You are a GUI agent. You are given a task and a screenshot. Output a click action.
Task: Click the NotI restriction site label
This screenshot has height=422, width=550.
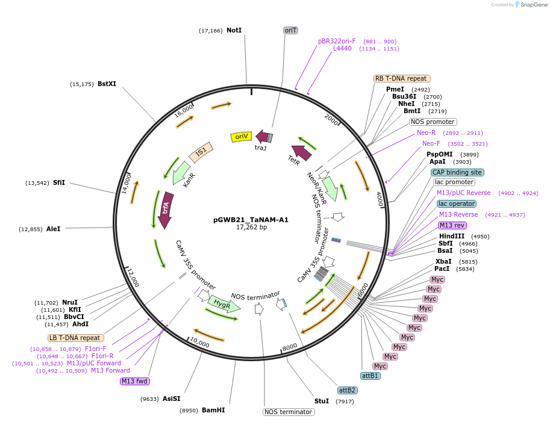(x=234, y=30)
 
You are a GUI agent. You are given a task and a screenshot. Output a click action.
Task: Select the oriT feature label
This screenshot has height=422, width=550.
(x=291, y=30)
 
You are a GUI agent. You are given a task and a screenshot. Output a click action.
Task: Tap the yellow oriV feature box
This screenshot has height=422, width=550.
(x=241, y=137)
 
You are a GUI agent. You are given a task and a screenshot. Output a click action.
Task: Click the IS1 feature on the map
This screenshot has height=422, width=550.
(x=201, y=150)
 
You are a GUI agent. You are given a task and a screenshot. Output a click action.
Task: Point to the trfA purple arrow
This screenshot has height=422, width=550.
(x=166, y=209)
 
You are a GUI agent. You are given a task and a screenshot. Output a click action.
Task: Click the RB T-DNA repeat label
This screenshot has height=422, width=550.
(x=401, y=78)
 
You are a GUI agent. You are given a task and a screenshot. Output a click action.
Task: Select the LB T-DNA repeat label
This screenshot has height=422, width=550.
(x=75, y=338)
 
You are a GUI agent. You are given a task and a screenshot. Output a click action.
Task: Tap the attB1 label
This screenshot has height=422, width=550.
(x=370, y=376)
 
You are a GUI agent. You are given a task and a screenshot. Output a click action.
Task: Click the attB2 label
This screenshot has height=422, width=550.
(x=347, y=390)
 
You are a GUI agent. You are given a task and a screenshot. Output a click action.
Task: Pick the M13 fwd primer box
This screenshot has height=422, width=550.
(x=135, y=381)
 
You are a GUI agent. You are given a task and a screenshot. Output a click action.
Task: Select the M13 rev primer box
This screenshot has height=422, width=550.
(x=452, y=225)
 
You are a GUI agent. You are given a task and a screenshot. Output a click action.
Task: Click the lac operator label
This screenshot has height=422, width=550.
(x=457, y=203)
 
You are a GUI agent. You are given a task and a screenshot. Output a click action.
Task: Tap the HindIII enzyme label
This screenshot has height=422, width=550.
(x=451, y=236)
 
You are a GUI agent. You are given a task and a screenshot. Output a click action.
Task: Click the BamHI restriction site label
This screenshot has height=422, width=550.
(x=213, y=410)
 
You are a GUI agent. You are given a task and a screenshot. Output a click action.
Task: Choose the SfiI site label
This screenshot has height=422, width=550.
(x=59, y=182)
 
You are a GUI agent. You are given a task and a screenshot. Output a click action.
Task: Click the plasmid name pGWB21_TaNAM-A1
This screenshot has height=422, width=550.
(x=251, y=220)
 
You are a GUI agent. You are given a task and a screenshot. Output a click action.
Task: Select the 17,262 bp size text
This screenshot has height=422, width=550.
(x=251, y=228)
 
